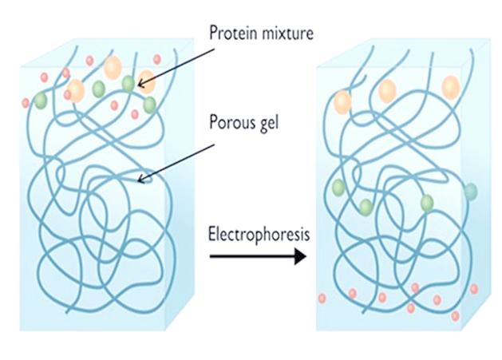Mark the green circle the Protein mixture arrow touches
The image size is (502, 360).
point(129,83)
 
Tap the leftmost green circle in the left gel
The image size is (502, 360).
point(40,100)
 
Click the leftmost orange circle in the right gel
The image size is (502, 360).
point(343,101)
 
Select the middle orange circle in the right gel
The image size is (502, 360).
point(387,91)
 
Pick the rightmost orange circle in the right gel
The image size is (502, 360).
point(451,86)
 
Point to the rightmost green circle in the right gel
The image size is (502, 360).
point(471,192)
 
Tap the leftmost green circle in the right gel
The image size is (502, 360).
point(338,188)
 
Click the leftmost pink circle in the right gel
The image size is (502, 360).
point(322,299)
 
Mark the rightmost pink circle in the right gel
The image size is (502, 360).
point(474,289)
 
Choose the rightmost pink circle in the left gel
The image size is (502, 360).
point(157,59)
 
